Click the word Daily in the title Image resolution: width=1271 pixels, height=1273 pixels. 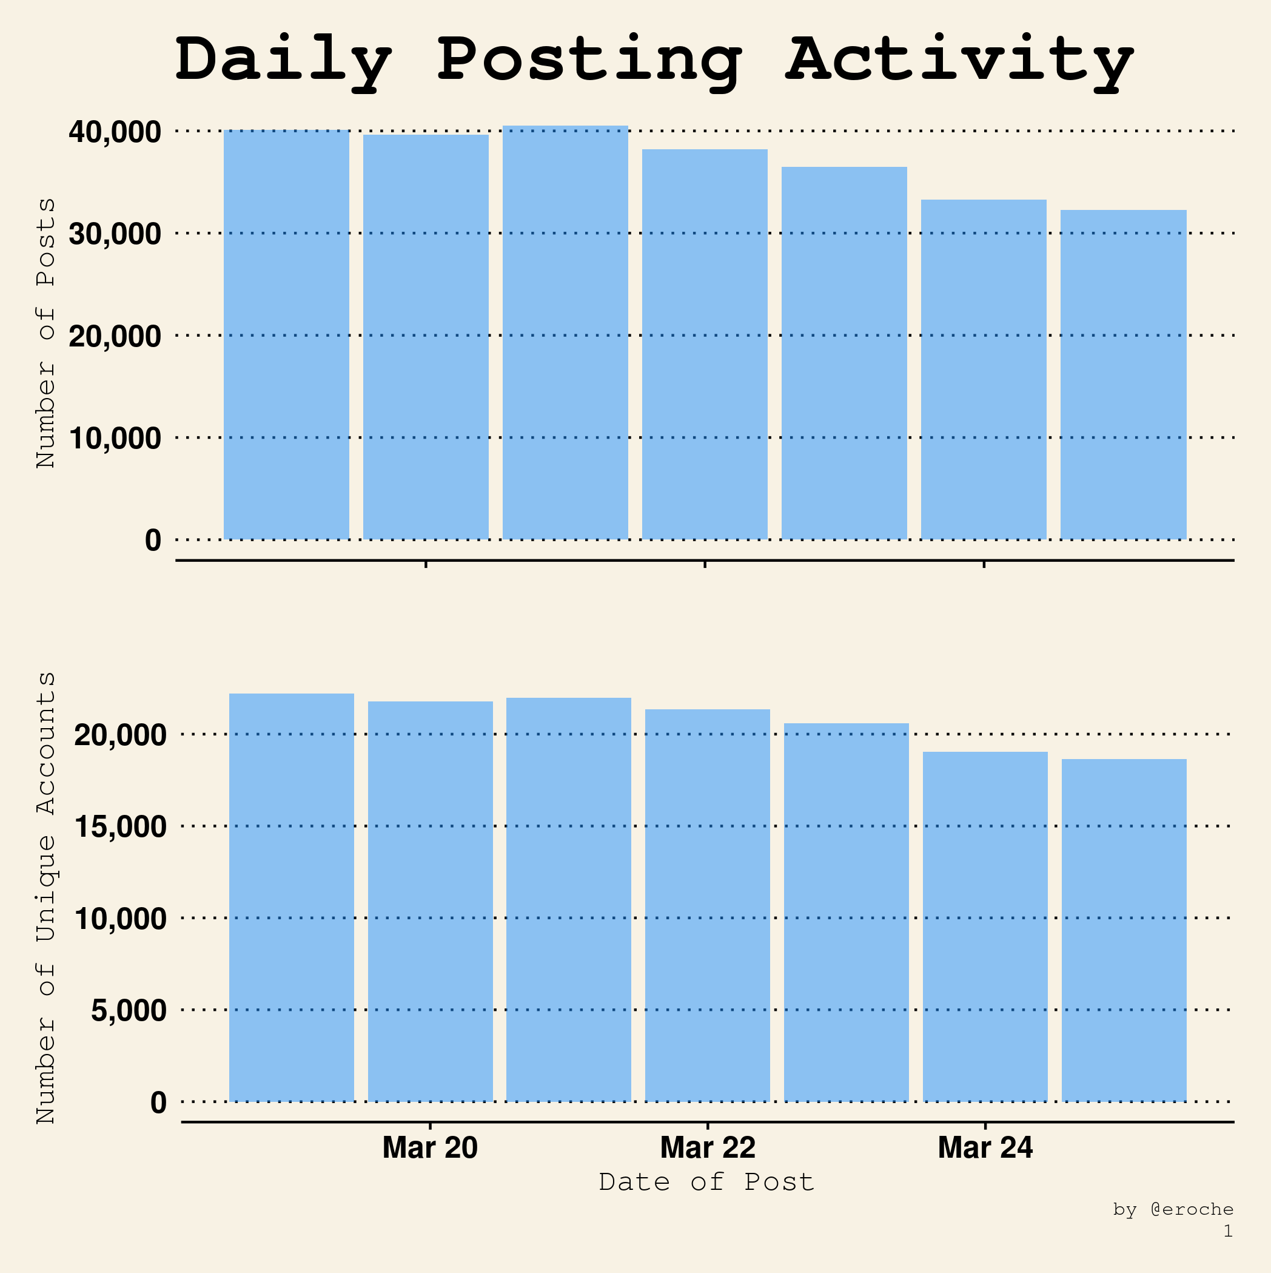[283, 61]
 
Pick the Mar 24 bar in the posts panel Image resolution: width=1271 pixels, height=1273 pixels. [983, 370]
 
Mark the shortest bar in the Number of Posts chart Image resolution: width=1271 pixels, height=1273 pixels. [1123, 375]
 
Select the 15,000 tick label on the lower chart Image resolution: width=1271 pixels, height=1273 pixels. [121, 827]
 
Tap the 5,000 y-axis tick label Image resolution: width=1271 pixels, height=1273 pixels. [129, 1010]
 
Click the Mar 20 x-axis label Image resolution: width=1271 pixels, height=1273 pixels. [430, 1148]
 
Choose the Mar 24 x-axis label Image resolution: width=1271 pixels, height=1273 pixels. [985, 1148]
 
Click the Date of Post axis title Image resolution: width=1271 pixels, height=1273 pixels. [706, 1182]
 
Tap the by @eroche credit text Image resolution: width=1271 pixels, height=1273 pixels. [1173, 1210]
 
